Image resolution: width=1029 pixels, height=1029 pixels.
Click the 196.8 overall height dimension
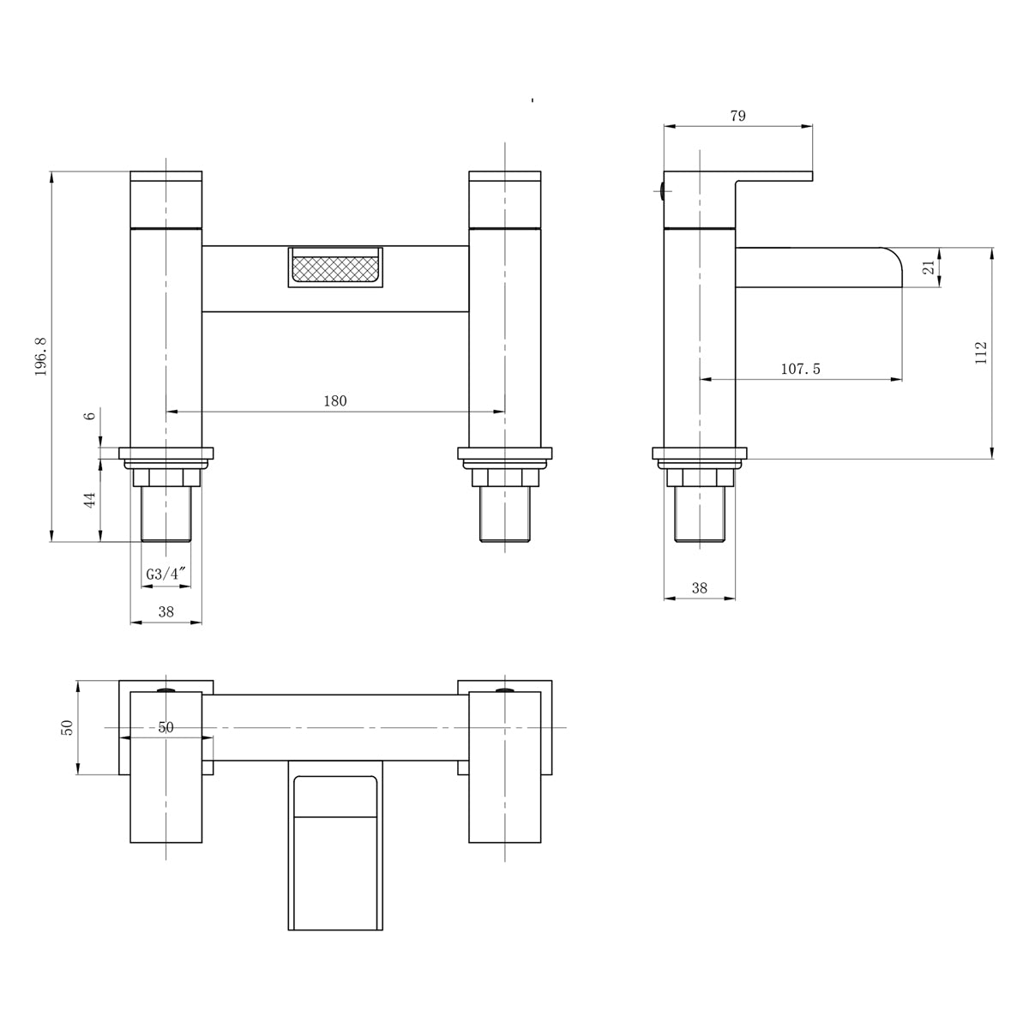(x=41, y=357)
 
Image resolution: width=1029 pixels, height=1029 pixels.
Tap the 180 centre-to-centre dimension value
(x=334, y=401)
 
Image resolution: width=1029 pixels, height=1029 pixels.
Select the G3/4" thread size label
(x=166, y=574)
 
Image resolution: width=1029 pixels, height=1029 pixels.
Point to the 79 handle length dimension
(x=737, y=116)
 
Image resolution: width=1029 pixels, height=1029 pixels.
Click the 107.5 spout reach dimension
(x=800, y=369)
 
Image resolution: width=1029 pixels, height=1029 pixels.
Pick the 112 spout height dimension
(x=981, y=353)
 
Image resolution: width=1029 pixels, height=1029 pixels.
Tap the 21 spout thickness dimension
(x=930, y=268)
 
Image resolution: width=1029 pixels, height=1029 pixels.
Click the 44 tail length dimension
(x=90, y=500)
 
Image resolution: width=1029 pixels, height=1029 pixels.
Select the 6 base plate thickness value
(x=90, y=415)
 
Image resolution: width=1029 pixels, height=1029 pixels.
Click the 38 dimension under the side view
(x=699, y=588)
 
